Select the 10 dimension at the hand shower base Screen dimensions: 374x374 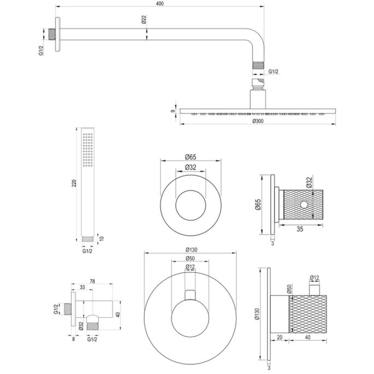pyautogui.click(x=99, y=239)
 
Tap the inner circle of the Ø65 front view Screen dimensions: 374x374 pyautogui.click(x=190, y=204)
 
